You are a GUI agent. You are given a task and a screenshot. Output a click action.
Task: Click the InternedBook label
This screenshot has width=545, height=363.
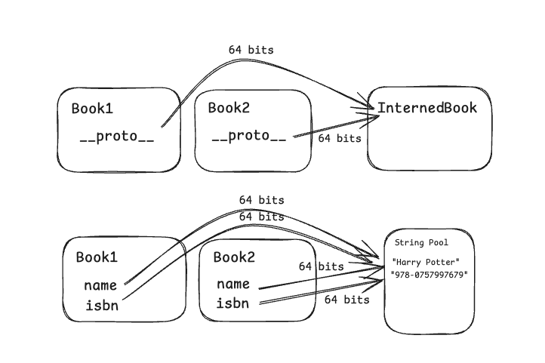[427, 108]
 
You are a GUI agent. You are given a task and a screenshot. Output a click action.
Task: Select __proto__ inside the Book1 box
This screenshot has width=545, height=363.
[117, 139]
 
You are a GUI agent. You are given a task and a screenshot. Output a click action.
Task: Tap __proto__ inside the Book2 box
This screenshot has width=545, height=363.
[249, 136]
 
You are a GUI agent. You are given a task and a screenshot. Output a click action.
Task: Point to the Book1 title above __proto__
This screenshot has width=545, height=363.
[92, 109]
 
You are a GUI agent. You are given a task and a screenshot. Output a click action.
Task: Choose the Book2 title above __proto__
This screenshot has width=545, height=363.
[229, 108]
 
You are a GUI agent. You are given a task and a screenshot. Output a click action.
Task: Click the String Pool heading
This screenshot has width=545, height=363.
[421, 243]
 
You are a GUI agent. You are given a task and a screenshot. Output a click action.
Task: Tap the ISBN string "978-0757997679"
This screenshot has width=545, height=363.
[429, 274]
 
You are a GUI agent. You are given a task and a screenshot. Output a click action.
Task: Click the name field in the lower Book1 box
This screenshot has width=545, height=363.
[101, 285]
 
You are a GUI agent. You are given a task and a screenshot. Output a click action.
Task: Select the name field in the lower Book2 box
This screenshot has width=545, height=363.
[234, 284]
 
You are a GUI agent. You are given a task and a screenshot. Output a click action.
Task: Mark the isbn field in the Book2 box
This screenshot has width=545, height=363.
[234, 303]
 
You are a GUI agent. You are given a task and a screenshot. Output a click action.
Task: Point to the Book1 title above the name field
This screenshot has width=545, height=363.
[97, 257]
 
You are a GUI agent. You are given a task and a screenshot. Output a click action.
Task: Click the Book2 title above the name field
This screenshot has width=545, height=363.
[234, 257]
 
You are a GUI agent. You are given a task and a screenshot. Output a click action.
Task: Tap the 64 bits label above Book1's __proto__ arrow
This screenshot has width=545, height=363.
[251, 50]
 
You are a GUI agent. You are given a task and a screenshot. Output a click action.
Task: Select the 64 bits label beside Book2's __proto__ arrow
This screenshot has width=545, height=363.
[340, 138]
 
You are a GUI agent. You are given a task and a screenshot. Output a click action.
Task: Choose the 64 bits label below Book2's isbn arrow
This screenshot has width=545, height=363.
[346, 300]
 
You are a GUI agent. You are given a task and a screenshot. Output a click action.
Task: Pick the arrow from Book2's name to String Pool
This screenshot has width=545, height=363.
[317, 278]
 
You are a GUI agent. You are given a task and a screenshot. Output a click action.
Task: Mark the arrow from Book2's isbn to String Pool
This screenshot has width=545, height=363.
[317, 295]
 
